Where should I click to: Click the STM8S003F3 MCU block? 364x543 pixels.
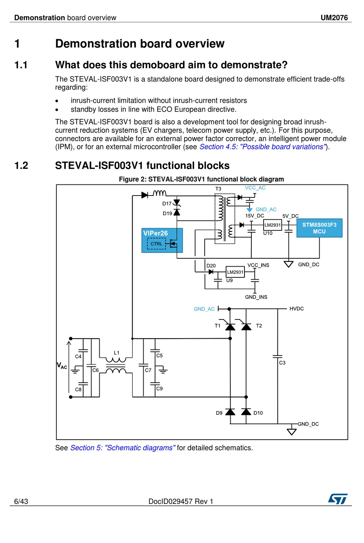(319, 228)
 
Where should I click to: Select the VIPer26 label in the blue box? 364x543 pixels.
(156, 233)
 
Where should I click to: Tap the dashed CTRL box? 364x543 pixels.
(156, 244)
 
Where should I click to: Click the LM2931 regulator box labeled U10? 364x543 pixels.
(272, 225)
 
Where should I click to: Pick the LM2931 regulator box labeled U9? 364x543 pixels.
(235, 272)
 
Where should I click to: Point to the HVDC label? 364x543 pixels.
(297, 308)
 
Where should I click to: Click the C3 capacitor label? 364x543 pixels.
(282, 363)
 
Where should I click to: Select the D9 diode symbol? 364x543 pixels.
(230, 412)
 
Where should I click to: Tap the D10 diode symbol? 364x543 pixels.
(246, 412)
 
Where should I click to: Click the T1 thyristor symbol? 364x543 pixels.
(230, 326)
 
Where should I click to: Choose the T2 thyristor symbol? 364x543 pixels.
(246, 326)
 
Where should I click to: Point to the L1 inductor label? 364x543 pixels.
(117, 353)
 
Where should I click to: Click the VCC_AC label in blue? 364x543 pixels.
(255, 188)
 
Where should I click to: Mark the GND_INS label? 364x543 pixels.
(256, 297)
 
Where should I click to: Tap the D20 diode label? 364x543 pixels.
(211, 266)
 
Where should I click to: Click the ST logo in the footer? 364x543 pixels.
(338, 499)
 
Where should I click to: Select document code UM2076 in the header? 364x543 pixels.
(334, 18)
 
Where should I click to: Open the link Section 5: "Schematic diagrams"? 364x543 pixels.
(123, 448)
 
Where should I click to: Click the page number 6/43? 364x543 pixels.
(21, 501)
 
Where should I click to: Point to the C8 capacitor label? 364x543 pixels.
(78, 389)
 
